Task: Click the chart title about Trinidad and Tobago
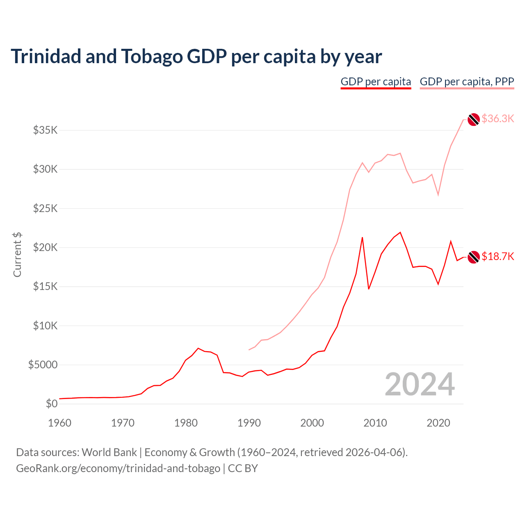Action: point(196,56)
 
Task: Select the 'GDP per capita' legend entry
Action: point(376,82)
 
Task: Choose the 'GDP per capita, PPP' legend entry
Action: point(467,82)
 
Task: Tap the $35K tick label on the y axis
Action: point(46,130)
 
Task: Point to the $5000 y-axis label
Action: point(43,365)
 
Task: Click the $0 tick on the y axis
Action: point(51,404)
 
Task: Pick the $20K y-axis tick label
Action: point(46,247)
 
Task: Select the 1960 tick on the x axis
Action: point(59,423)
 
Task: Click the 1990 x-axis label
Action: point(249,423)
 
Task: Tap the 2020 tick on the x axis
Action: point(438,423)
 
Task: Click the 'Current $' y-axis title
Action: point(17,254)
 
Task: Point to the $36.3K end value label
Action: point(498,119)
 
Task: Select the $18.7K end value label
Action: point(498,256)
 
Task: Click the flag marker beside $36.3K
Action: point(474,119)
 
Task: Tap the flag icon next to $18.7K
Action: point(474,257)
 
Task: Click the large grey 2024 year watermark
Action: point(420,384)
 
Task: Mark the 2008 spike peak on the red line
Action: point(362,237)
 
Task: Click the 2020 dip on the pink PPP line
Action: point(438,194)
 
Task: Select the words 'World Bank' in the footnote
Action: point(109,452)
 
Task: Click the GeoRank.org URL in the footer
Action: point(118,468)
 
